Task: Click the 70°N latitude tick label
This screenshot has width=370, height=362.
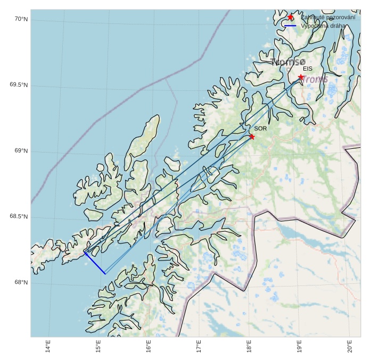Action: [x=21, y=19]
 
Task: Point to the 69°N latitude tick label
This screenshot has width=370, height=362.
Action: [x=21, y=151]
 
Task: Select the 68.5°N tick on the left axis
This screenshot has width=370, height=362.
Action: [x=19, y=217]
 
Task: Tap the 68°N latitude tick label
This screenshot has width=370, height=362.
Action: [x=21, y=283]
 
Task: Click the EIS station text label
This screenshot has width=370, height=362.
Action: [x=308, y=69]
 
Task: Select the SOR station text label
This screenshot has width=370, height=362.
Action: [x=260, y=129]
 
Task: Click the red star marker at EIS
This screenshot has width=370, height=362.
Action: [x=301, y=77]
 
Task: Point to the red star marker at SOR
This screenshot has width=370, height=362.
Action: [x=252, y=137]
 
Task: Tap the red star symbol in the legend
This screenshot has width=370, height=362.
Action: [x=291, y=18]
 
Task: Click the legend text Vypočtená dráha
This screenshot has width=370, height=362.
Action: [x=323, y=26]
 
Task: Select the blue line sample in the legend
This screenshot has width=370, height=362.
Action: [x=291, y=26]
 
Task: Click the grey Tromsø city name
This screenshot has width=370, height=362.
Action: [x=288, y=62]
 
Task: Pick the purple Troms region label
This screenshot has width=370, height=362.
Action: [x=316, y=79]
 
